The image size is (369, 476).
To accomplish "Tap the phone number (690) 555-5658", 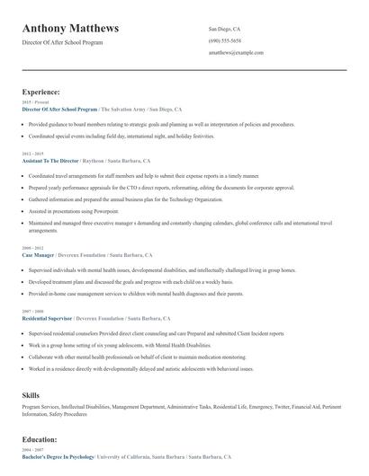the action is [x=224, y=40].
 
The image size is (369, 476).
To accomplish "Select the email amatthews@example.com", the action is [x=236, y=53].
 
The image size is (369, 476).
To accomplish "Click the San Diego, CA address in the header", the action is [x=224, y=29].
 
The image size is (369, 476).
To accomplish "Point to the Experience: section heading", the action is [x=41, y=92].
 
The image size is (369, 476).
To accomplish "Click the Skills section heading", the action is [x=31, y=395].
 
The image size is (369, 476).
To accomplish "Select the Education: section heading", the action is [x=40, y=439].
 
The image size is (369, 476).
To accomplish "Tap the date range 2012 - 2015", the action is [x=31, y=154].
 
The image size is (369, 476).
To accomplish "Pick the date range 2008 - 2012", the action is [x=31, y=247].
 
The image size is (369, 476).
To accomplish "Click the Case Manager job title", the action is [x=39, y=253].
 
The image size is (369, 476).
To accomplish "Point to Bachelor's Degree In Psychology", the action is [x=58, y=456].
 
